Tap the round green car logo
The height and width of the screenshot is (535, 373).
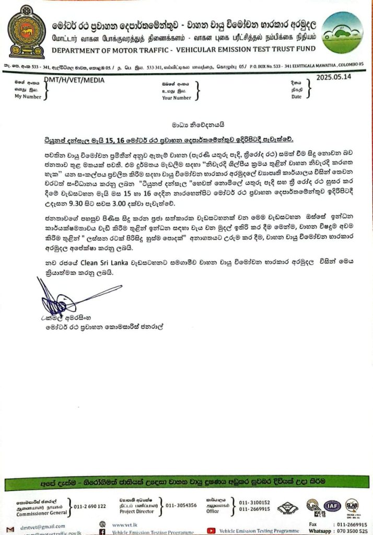(x=342, y=32)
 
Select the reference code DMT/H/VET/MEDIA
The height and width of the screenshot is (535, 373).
(x=74, y=80)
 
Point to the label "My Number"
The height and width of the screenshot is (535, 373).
(x=27, y=97)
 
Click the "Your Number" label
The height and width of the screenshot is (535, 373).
(x=177, y=97)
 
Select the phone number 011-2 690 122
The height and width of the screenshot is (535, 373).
(x=90, y=506)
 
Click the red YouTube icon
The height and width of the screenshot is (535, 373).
(x=212, y=530)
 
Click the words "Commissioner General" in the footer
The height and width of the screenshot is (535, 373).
(x=37, y=513)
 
